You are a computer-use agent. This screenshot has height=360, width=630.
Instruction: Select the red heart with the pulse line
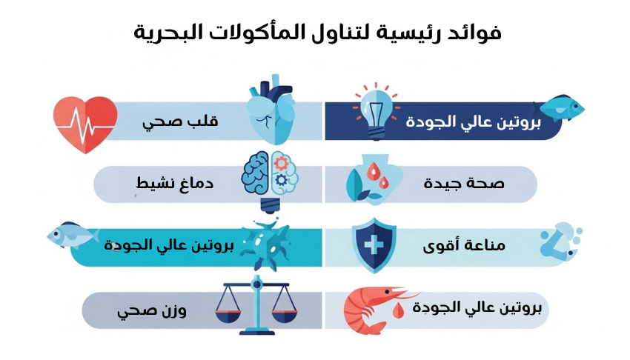[x=85, y=125]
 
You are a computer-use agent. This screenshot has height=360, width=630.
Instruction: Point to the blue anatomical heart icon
[x=271, y=109]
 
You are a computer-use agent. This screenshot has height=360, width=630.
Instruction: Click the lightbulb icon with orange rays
[x=376, y=110]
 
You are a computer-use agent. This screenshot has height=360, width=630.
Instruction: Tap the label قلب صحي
[x=180, y=122]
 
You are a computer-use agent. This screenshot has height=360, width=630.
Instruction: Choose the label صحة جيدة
[x=464, y=184]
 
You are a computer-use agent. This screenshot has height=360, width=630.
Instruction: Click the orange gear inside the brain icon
[x=280, y=163]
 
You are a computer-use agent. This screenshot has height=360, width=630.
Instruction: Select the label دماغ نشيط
[x=175, y=184]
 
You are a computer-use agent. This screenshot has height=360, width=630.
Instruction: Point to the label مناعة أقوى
[x=464, y=245]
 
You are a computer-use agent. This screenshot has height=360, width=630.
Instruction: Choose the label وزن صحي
[x=152, y=311]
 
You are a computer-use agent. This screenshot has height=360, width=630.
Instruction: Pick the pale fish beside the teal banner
[x=73, y=234]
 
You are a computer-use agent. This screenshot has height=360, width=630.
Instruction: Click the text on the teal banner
[x=169, y=245]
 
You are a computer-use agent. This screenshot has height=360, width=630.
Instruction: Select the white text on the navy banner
[x=474, y=122]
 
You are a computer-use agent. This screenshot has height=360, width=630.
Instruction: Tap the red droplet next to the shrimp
[x=398, y=310]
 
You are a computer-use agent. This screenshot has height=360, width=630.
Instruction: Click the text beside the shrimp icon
[x=477, y=308]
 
